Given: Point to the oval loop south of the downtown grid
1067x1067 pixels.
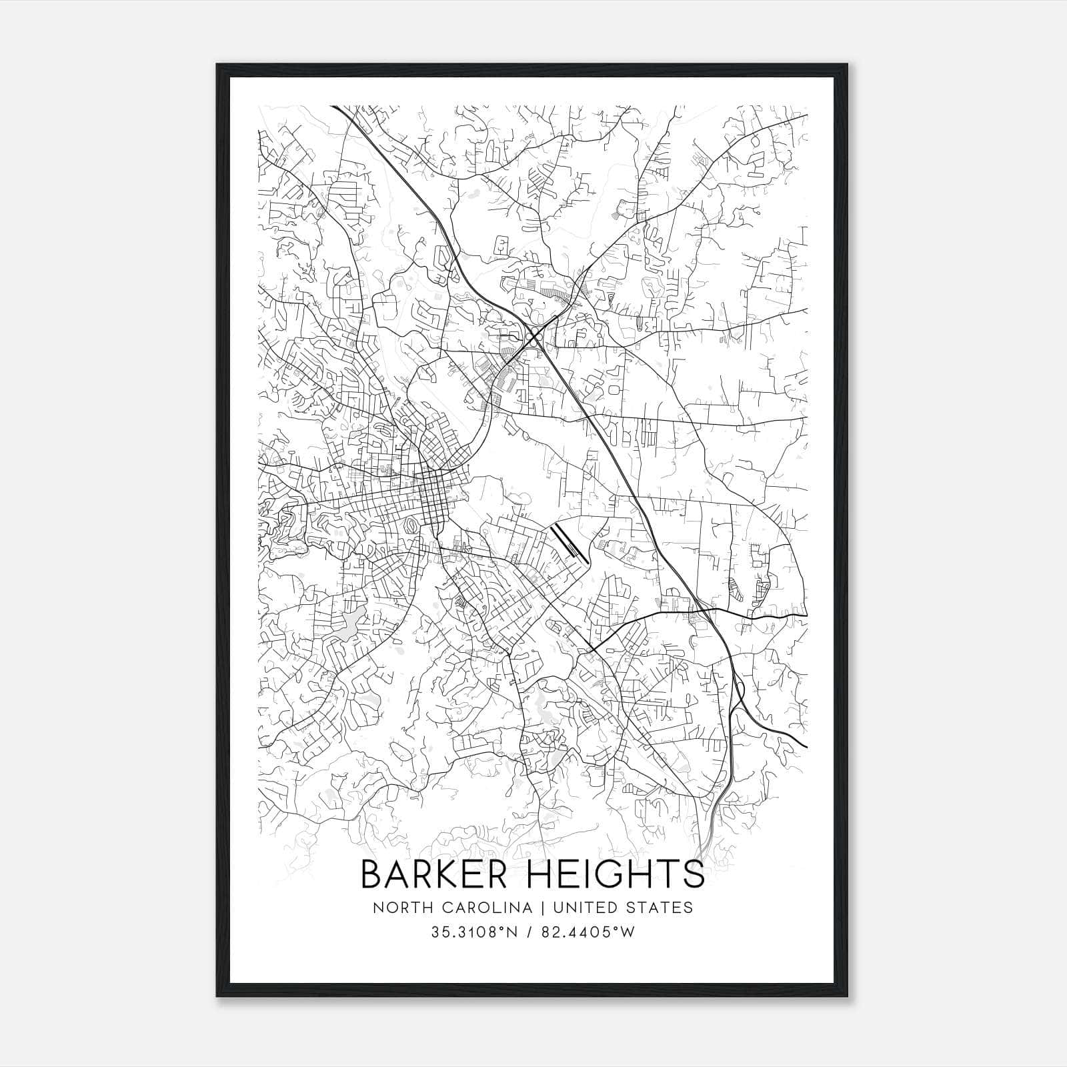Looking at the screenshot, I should tap(413, 526).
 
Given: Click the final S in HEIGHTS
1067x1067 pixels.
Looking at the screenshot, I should tap(695, 874).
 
